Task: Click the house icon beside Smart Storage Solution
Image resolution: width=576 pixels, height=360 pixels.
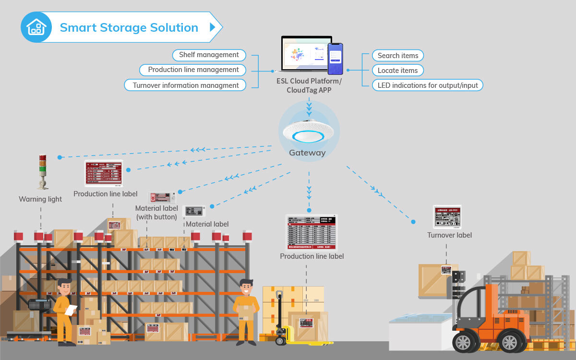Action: [36, 27]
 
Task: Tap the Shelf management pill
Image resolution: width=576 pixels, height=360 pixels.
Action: [209, 55]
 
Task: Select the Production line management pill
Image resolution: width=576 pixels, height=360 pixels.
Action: [193, 70]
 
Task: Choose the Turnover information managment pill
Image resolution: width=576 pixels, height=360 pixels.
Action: [185, 85]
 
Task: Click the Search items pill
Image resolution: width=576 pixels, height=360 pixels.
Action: [398, 56]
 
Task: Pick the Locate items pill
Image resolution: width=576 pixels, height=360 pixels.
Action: [397, 71]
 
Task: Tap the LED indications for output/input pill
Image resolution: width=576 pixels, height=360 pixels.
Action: [428, 85]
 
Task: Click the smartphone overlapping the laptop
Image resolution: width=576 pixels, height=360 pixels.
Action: [336, 59]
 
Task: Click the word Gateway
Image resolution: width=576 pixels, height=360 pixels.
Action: [307, 153]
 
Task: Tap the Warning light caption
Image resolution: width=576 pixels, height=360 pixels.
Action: [40, 199]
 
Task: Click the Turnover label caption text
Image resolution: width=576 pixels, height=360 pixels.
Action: [449, 235]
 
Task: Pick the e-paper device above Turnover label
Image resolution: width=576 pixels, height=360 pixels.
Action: [447, 217]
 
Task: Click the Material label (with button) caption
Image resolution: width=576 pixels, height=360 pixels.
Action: [156, 213]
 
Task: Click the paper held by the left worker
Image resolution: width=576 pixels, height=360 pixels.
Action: [71, 310]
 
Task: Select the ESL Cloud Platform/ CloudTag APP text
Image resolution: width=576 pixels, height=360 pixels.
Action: [309, 85]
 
